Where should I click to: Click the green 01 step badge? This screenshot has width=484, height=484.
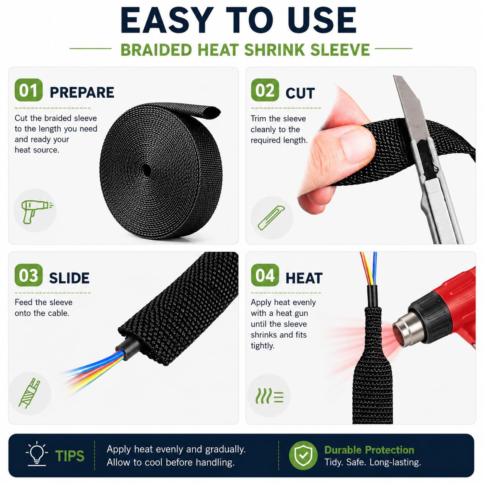29,90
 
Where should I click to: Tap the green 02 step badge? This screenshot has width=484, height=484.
265,90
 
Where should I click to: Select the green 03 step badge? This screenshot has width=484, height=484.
29,275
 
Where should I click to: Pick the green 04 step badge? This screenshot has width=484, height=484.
265,275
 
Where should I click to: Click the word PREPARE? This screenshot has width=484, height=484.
82,92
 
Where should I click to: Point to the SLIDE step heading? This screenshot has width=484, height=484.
69,278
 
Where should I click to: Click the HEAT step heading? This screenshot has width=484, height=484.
304,278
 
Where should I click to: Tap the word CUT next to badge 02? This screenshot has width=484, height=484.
300,93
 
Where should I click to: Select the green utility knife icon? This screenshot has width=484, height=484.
271,218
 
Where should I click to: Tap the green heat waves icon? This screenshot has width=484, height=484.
269,396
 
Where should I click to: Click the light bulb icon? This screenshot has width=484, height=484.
37,455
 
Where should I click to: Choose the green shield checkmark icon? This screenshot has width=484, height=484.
303,455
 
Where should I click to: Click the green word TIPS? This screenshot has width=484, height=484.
70,456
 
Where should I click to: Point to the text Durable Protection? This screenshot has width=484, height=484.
369,450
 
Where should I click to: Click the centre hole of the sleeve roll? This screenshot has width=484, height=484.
146,170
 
